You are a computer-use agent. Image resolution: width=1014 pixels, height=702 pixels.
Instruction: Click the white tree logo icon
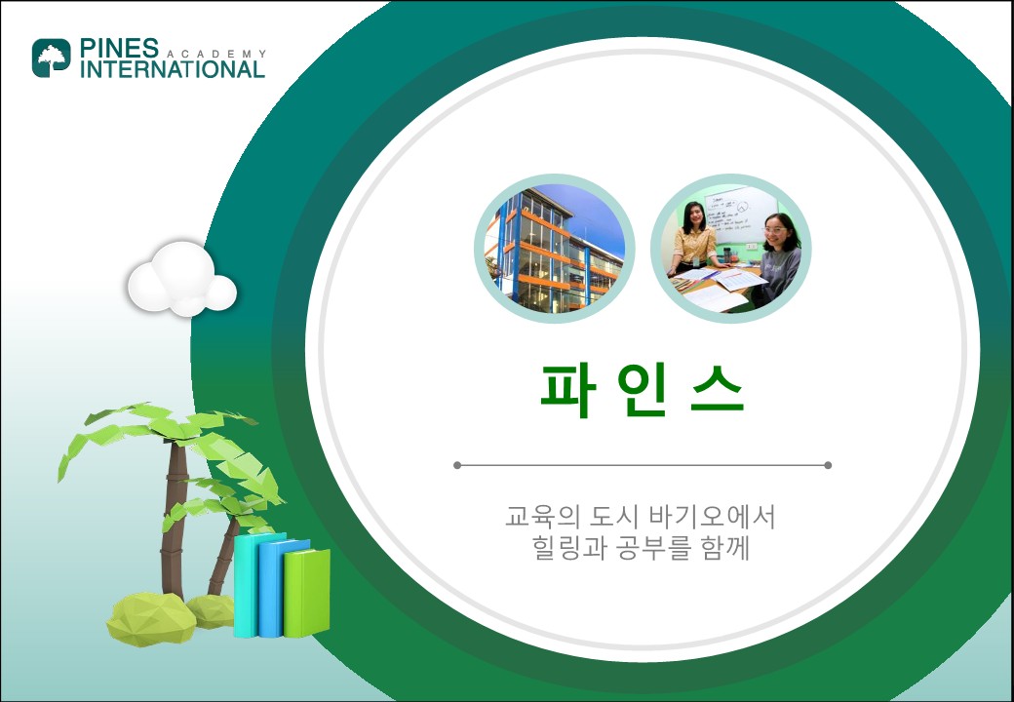pyautogui.click(x=51, y=58)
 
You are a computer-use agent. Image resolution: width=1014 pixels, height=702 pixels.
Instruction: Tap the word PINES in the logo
pyautogui.click(x=119, y=48)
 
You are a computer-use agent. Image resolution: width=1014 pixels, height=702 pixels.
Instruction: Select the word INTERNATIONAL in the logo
pyautogui.click(x=172, y=69)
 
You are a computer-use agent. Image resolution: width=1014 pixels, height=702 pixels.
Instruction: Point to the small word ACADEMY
pyautogui.click(x=216, y=55)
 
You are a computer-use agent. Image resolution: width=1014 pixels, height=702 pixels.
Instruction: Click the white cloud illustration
pyautogui.click(x=181, y=279)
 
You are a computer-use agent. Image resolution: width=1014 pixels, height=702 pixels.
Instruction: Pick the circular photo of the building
pyautogui.click(x=554, y=249)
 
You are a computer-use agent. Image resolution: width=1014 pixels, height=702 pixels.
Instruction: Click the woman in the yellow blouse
pyautogui.click(x=694, y=239)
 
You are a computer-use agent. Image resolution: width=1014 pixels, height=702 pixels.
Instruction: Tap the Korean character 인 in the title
pyautogui.click(x=642, y=391)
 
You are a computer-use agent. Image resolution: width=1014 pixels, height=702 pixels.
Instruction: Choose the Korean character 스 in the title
pyautogui.click(x=718, y=391)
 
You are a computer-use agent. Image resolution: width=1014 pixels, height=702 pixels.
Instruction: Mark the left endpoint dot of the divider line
pyautogui.click(x=457, y=465)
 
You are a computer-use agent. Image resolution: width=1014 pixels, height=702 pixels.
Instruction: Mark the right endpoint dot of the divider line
pyautogui.click(x=828, y=465)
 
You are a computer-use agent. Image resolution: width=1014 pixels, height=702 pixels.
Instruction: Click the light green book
pyautogui.click(x=306, y=593)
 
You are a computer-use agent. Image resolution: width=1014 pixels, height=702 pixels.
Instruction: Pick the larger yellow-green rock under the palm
pyautogui.click(x=151, y=618)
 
